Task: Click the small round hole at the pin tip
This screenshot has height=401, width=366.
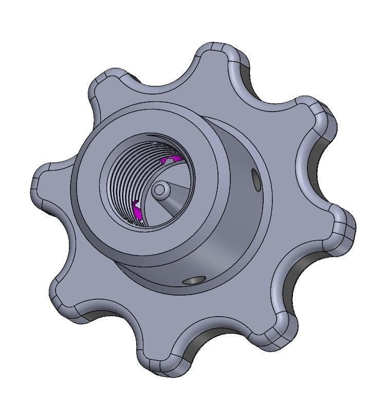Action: click(159, 190)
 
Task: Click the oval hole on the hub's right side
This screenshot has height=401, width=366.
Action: click(255, 179)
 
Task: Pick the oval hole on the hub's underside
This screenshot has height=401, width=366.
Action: click(194, 280)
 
